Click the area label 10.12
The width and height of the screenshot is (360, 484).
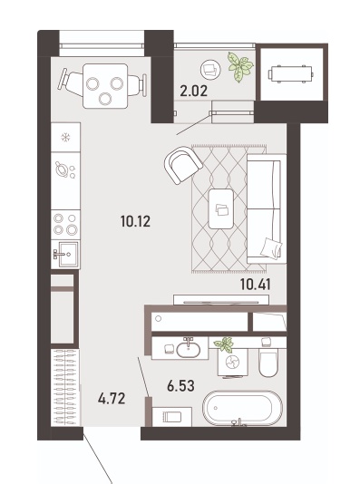[x=135, y=221]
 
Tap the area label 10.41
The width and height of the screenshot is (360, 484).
[x=256, y=285]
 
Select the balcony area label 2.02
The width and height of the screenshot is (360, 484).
[x=193, y=91]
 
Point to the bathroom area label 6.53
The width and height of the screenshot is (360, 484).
[x=180, y=386]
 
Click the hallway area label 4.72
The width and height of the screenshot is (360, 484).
[x=112, y=399]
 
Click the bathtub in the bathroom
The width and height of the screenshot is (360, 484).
[x=242, y=408]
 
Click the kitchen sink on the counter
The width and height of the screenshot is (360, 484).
[x=65, y=255]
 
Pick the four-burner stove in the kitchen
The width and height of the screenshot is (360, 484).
[x=65, y=225]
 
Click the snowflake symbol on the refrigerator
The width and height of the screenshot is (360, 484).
[x=65, y=137]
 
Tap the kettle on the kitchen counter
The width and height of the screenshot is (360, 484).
[x=62, y=169]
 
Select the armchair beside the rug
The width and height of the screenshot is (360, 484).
[x=183, y=165]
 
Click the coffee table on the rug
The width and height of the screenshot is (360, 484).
[x=220, y=208]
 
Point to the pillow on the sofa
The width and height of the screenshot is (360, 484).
[x=271, y=248]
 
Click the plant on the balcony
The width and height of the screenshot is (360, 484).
[x=240, y=67]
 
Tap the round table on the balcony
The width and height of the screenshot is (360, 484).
[x=211, y=70]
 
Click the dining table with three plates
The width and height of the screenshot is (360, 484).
[x=105, y=86]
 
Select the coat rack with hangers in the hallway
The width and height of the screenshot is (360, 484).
[x=66, y=388]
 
